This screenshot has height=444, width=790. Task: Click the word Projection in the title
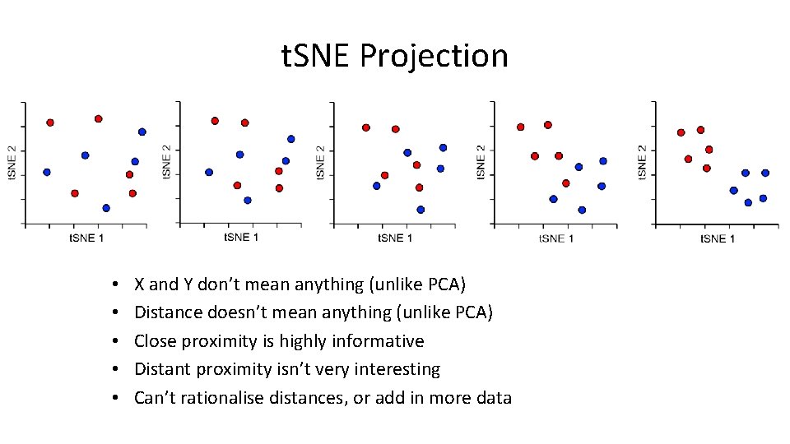pos(434,57)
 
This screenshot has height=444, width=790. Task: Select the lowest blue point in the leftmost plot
pos(106,208)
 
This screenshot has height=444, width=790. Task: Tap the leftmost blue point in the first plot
pos(47,172)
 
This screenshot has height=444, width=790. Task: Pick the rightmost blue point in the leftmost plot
pos(142,132)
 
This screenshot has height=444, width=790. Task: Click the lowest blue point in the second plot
pos(248,200)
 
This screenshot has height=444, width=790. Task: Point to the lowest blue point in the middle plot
pos(421,210)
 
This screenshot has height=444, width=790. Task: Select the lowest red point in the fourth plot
pos(566,183)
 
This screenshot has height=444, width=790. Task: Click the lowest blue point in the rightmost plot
pos(748,202)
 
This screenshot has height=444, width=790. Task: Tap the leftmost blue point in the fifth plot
pos(734,190)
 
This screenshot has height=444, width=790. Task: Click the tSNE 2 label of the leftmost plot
pos(12,162)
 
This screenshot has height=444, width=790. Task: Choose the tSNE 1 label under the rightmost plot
pos(718,238)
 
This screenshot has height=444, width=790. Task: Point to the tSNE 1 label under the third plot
pos(395,238)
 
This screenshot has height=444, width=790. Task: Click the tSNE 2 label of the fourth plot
pos(481,162)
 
